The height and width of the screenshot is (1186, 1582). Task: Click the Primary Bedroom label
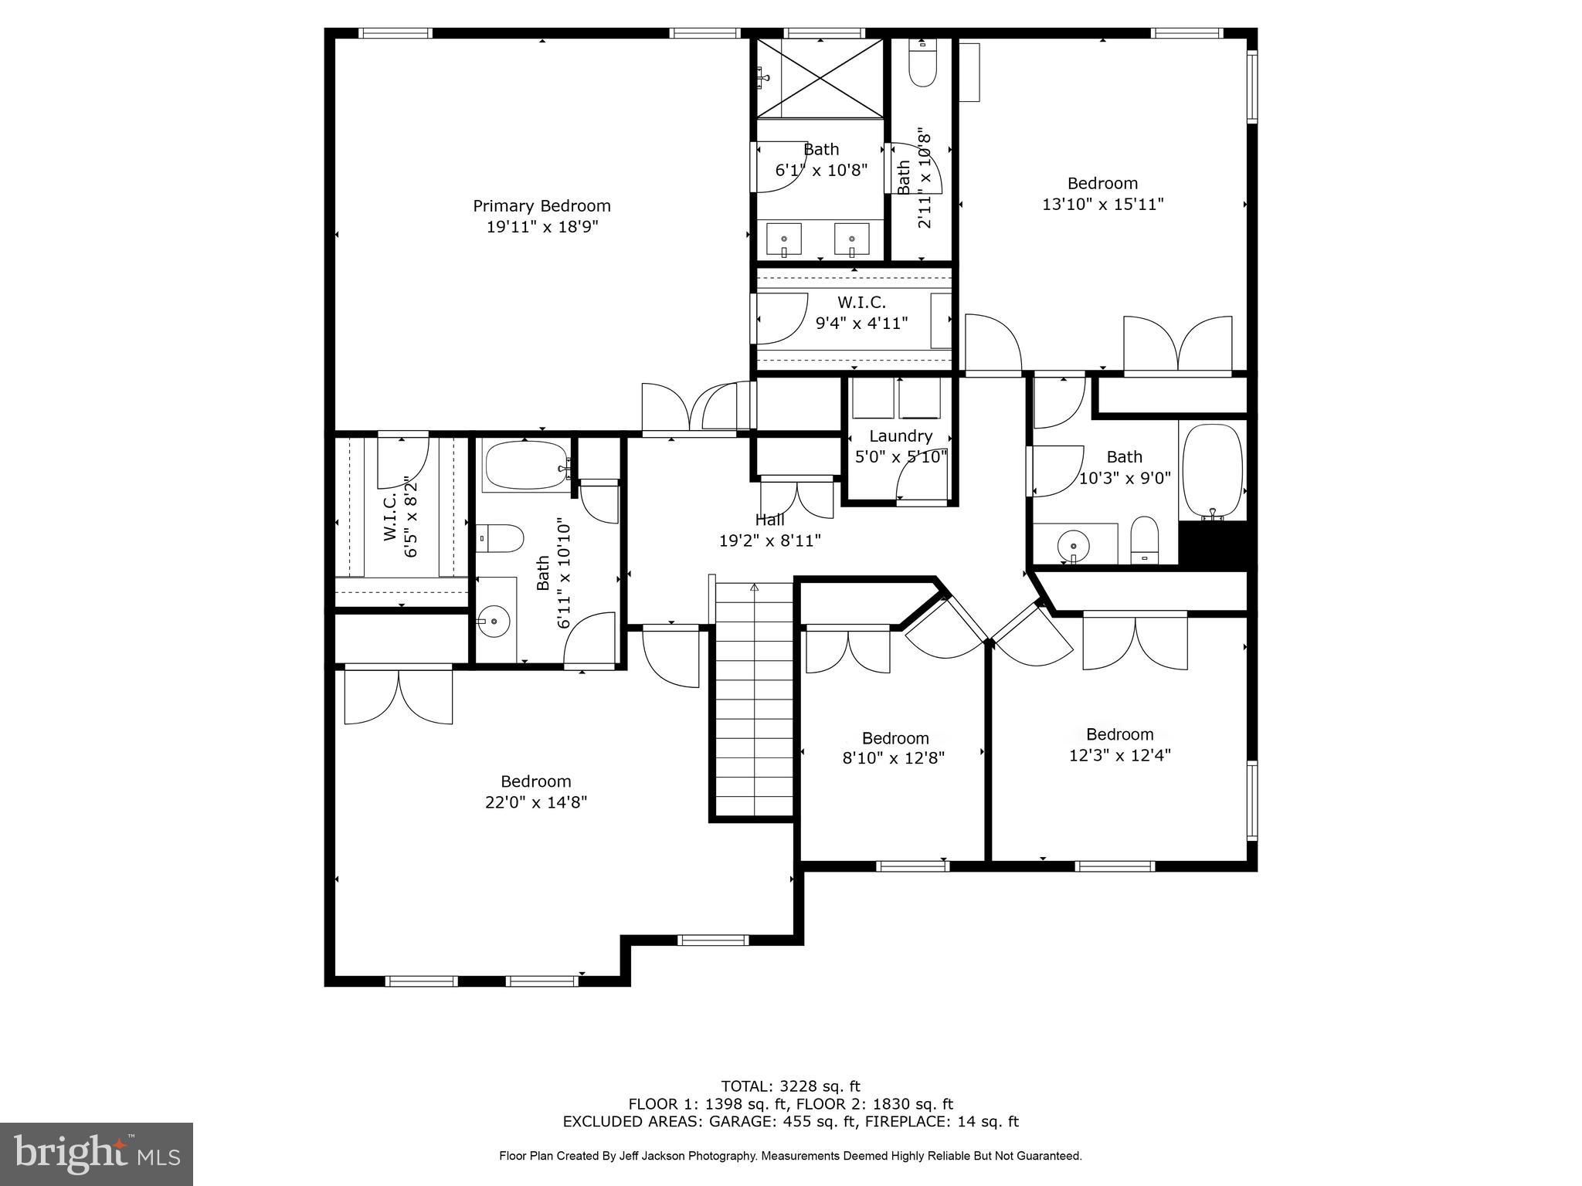pyautogui.click(x=541, y=206)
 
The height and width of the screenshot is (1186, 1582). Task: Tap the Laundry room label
pyautogui.click(x=900, y=436)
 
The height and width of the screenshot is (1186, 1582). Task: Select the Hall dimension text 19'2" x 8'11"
pyautogui.click(x=769, y=540)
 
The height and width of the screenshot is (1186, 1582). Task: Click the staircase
pyautogui.click(x=754, y=699)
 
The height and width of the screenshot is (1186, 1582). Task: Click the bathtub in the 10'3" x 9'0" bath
pyautogui.click(x=1212, y=471)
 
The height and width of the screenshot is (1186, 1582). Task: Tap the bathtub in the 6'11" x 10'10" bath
pyautogui.click(x=525, y=465)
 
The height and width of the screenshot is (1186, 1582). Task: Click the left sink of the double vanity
pyautogui.click(x=784, y=239)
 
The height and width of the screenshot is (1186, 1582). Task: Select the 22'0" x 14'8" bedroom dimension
pyautogui.click(x=536, y=802)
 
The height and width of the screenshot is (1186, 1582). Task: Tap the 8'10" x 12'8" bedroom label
pyautogui.click(x=895, y=738)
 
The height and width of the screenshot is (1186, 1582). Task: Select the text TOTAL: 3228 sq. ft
pyautogui.click(x=790, y=1086)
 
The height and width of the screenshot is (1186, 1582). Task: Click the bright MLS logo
pyautogui.click(x=97, y=1154)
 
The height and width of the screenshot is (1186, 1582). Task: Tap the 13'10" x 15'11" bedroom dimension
pyautogui.click(x=1102, y=204)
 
